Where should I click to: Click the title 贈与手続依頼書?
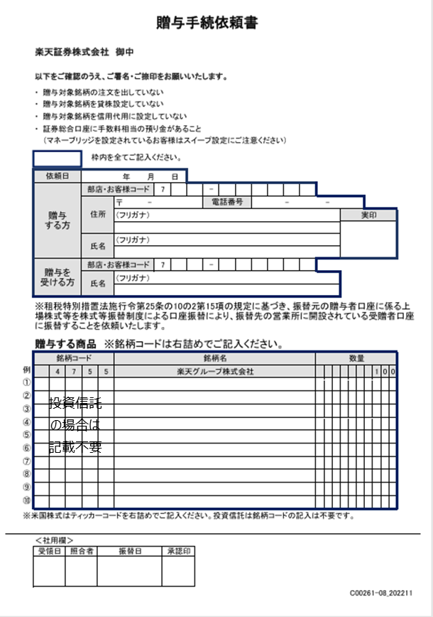(x=207, y=23)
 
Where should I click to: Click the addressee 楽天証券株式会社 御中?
(x=84, y=52)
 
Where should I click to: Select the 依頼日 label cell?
(x=57, y=176)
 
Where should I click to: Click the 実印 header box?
(x=368, y=215)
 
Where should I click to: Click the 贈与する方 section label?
(x=57, y=220)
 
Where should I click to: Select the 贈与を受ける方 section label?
(x=57, y=277)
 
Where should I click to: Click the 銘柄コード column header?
(x=74, y=359)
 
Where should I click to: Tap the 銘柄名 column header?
(x=214, y=359)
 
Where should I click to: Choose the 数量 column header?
(x=356, y=359)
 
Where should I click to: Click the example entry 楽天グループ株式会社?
(x=214, y=371)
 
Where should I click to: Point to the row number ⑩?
(x=27, y=500)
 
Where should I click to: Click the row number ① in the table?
(x=27, y=384)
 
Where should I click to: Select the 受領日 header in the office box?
(x=49, y=551)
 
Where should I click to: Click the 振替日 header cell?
(x=130, y=551)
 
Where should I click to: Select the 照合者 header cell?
(x=81, y=551)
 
